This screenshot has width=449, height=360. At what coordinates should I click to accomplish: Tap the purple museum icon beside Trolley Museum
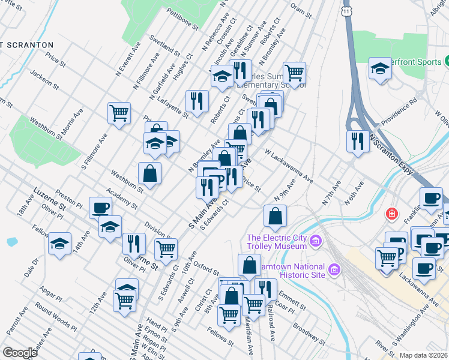click(x=318, y=242)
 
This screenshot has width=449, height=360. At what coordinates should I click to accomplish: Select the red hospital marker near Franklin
click(x=391, y=213)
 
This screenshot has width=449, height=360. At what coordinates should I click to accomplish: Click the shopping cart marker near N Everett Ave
click(x=119, y=112)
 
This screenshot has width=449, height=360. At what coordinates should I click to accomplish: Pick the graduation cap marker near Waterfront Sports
click(x=380, y=68)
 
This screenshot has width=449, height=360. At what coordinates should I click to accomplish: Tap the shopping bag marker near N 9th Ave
click(x=274, y=216)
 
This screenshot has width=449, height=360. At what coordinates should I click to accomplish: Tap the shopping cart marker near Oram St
click(x=294, y=73)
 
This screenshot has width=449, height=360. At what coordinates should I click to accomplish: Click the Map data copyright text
click(x=424, y=355)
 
